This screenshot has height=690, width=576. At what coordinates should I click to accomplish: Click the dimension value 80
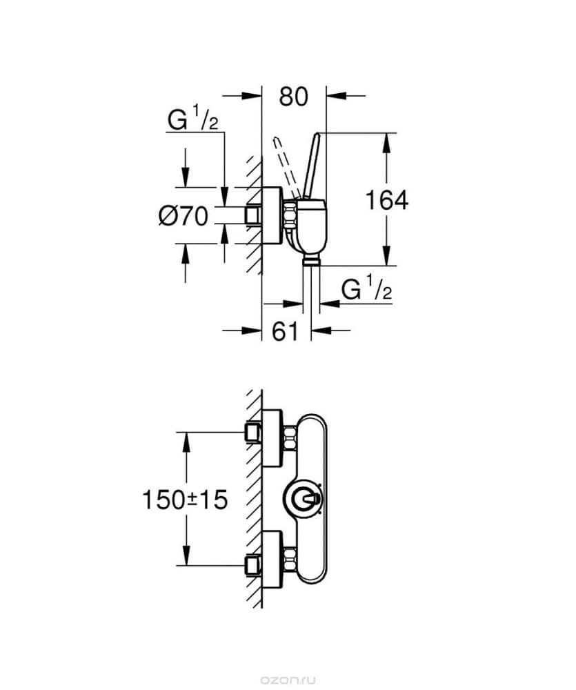click(x=293, y=97)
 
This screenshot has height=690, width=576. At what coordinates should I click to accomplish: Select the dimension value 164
click(x=386, y=200)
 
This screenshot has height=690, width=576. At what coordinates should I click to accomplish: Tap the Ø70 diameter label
click(x=183, y=216)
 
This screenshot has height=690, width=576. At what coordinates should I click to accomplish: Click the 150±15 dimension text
click(x=185, y=498)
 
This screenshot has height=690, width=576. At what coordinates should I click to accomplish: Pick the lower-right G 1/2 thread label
click(x=367, y=289)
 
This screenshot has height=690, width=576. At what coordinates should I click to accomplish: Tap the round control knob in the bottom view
click(x=303, y=499)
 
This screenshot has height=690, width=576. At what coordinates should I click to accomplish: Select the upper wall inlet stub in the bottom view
click(x=252, y=433)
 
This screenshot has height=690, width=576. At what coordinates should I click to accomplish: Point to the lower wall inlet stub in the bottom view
click(x=252, y=566)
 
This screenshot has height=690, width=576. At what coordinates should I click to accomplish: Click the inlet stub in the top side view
click(x=253, y=215)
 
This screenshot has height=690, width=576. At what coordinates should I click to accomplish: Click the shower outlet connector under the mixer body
click(x=312, y=259)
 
